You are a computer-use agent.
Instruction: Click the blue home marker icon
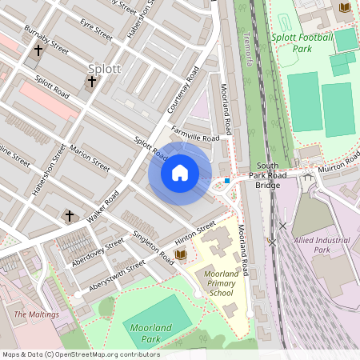click(180, 173)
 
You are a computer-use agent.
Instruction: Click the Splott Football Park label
click(302, 42)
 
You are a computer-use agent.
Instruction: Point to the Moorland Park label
click(150, 334)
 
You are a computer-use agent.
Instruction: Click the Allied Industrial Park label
click(322, 245)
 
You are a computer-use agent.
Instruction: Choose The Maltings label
click(37, 314)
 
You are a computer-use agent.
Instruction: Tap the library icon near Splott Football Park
click(345, 7)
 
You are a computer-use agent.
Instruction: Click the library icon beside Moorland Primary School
click(180, 254)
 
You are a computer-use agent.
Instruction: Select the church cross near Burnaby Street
click(38, 50)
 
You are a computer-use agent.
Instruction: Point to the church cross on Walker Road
click(69, 216)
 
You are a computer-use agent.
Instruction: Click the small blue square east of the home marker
click(227, 181)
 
